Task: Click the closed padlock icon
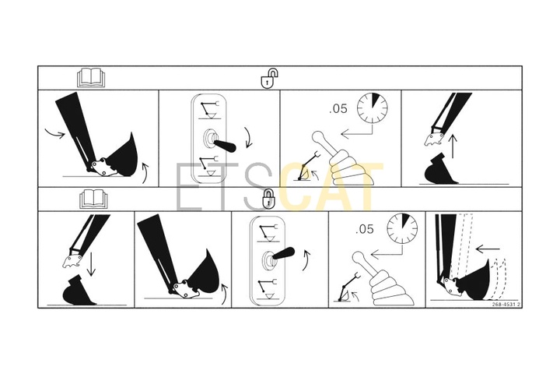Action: tap(268, 199)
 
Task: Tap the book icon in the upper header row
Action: tap(92, 78)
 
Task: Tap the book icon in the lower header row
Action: tap(93, 199)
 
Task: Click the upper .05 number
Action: tap(338, 109)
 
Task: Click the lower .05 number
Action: tap(365, 229)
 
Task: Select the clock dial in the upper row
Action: tap(373, 108)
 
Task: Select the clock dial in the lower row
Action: tap(403, 229)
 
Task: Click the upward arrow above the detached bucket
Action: tap(453, 146)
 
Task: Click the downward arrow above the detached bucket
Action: tap(92, 264)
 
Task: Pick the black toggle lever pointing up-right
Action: tap(282, 253)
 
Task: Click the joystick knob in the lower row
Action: tap(359, 257)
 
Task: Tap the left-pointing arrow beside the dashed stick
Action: tap(488, 249)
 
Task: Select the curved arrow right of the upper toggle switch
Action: tap(248, 137)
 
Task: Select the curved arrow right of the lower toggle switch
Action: tap(306, 260)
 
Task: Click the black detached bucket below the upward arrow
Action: tap(440, 169)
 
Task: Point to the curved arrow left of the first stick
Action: tap(55, 132)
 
